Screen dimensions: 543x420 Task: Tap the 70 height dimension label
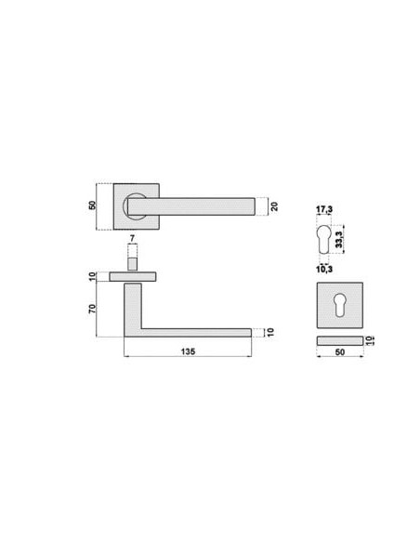tap(93, 308)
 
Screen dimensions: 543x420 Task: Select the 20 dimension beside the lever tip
tap(274, 206)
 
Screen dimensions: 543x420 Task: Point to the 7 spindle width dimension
tap(133, 239)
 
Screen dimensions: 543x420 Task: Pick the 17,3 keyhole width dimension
tap(323, 209)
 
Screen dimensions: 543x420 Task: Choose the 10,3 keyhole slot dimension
tap(323, 269)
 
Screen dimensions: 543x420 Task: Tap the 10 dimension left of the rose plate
tap(93, 276)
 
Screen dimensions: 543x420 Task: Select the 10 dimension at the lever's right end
tap(269, 332)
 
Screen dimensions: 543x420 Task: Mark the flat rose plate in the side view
tap(133, 276)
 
